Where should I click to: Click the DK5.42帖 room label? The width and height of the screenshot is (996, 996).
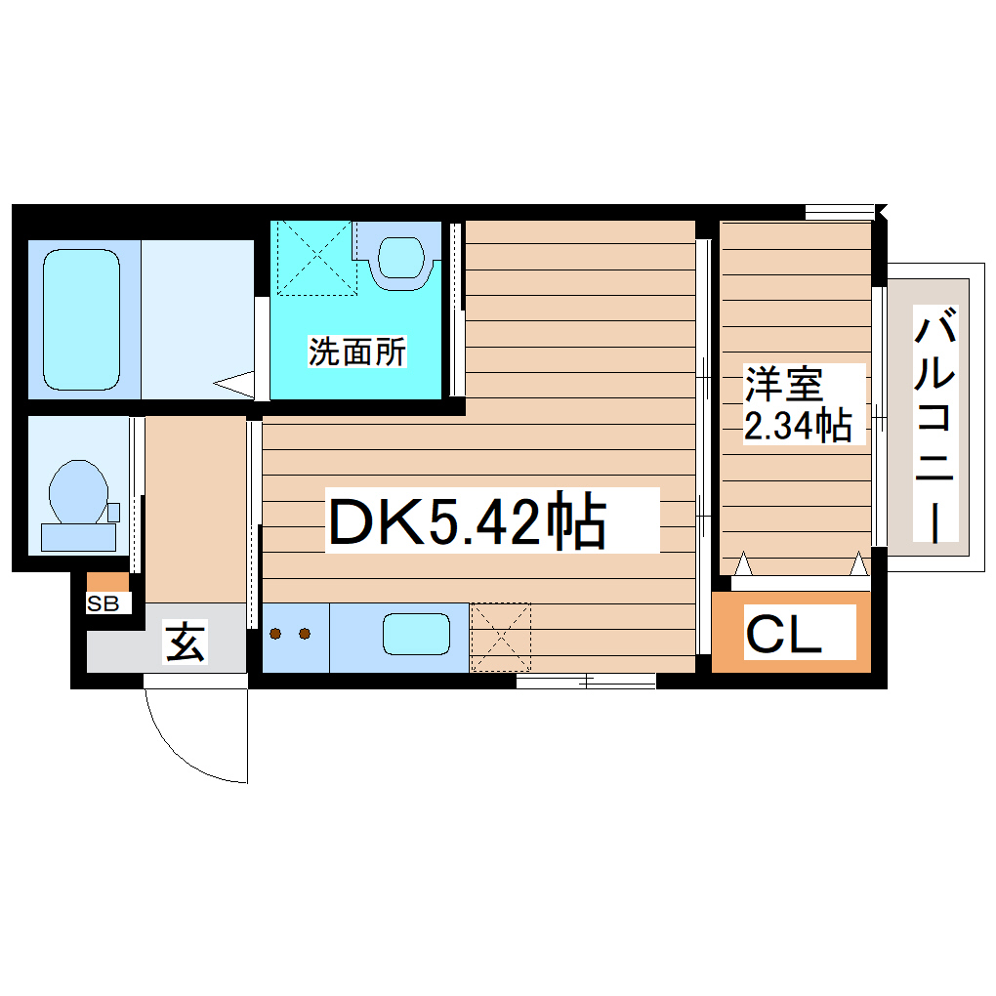pos(466,521)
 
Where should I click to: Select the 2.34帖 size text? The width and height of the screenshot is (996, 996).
pos(797,426)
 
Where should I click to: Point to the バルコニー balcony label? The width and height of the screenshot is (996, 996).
pos(936,424)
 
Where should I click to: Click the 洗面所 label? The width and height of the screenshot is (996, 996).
pos(356,352)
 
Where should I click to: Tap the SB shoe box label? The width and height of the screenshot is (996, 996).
pos(103,604)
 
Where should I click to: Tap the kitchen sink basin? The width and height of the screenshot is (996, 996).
pos(416,635)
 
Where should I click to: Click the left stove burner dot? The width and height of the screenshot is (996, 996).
pos(276,635)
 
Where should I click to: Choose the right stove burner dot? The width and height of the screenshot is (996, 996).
pos(305,635)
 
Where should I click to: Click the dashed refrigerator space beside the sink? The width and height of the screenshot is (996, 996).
pos(501,637)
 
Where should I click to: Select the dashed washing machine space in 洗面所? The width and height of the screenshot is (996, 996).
pos(314,259)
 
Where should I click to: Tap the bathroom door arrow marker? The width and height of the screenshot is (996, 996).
pos(233,384)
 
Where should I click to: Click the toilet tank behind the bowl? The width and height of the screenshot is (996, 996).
pos(77,535)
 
